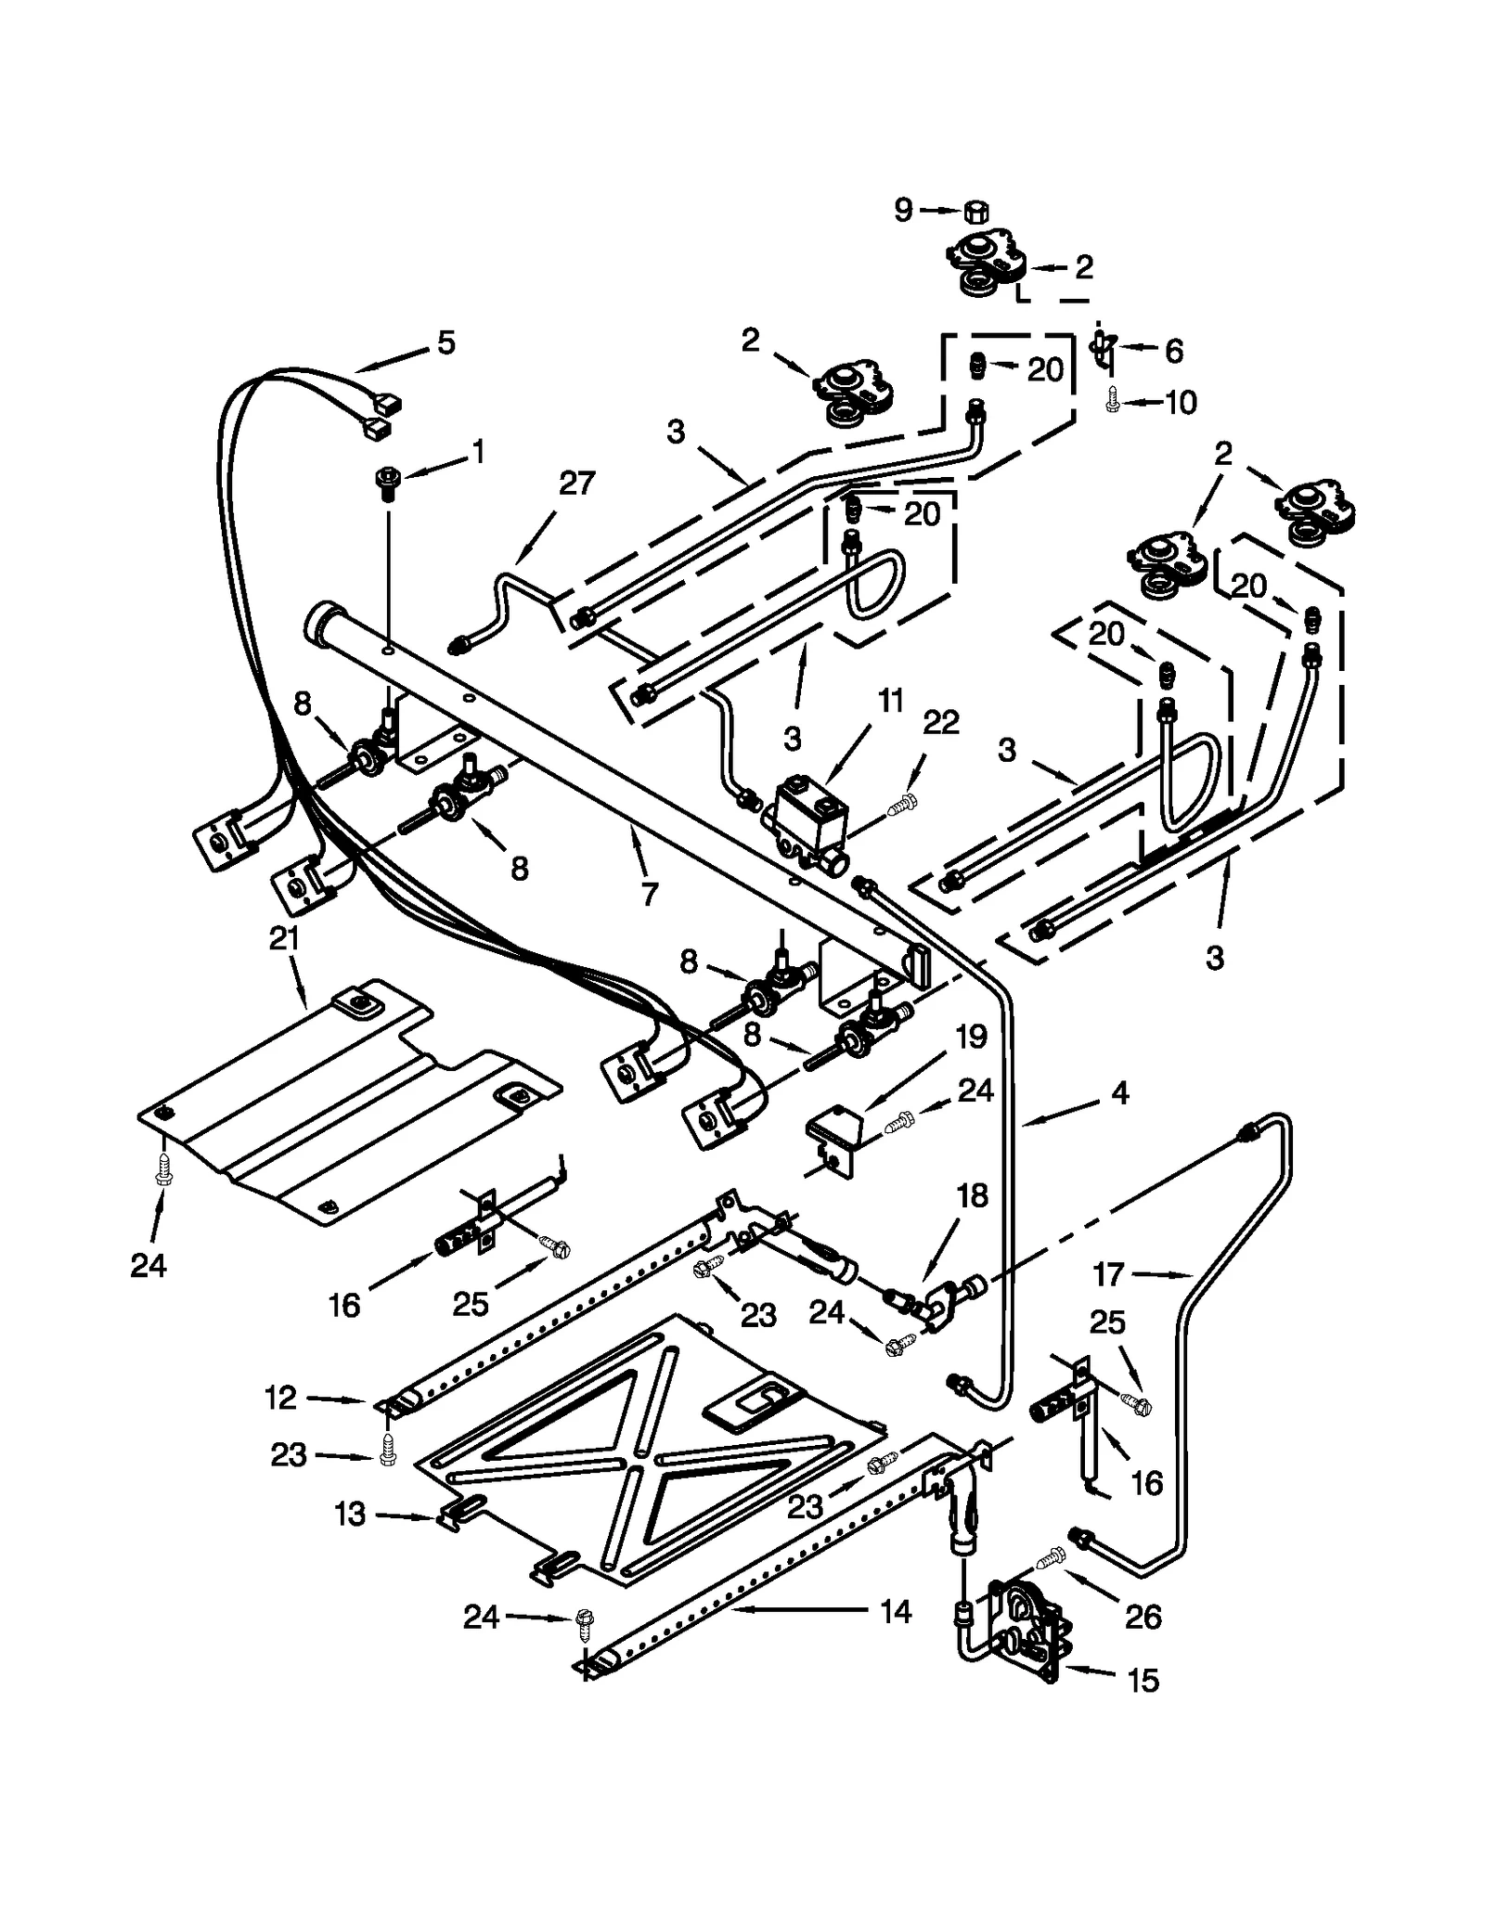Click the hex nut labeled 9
pyautogui.click(x=975, y=212)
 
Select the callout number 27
pyautogui.click(x=576, y=484)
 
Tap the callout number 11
pyautogui.click(x=891, y=702)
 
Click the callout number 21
pyautogui.click(x=284, y=939)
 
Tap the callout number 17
pyautogui.click(x=1108, y=1274)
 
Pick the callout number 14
pyautogui.click(x=895, y=1612)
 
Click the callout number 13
pyautogui.click(x=350, y=1515)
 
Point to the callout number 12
pyautogui.click(x=280, y=1398)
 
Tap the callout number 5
pyautogui.click(x=446, y=342)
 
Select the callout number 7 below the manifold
pyautogui.click(x=649, y=894)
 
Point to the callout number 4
pyautogui.click(x=1119, y=1093)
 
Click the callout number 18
pyautogui.click(x=972, y=1195)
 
